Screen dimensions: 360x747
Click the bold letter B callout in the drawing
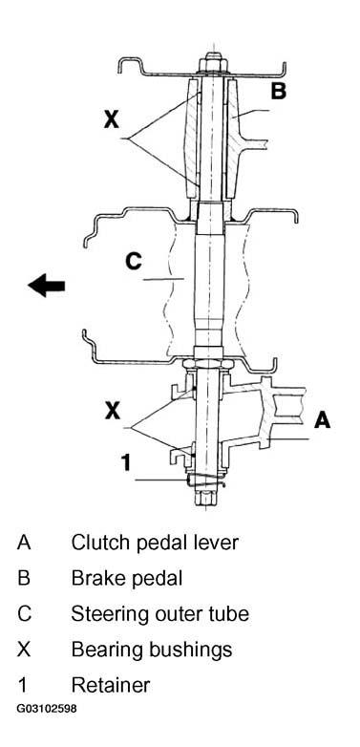tap(279, 90)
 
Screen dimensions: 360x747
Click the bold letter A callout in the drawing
tap(323, 419)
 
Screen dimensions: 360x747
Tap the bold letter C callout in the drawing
tap(134, 261)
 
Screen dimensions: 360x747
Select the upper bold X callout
tap(112, 119)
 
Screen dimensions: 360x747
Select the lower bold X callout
tap(113, 411)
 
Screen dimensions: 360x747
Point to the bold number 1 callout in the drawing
tap(125, 462)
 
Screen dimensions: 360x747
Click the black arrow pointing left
tap(46, 286)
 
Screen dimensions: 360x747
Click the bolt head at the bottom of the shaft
tap(205, 499)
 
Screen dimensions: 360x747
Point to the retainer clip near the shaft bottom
tap(205, 480)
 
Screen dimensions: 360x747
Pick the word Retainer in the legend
tap(111, 685)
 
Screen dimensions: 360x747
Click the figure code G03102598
tap(46, 709)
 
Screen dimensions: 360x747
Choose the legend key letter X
tap(24, 650)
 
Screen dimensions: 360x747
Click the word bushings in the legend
tap(189, 651)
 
